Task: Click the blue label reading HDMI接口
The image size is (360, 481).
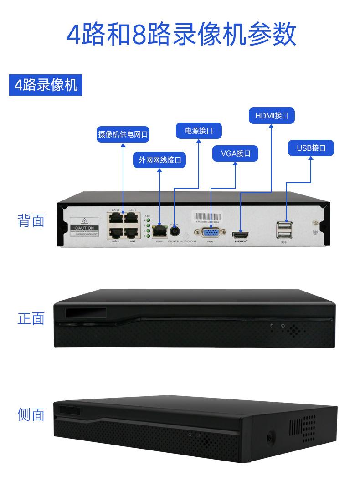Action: point(272,116)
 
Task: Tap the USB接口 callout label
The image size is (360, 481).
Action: point(311,148)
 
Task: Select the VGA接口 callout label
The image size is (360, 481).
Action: point(236,154)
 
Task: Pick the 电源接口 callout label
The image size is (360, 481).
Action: point(199,131)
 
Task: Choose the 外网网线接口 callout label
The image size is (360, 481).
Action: point(159,160)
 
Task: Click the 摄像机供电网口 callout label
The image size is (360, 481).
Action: point(123,134)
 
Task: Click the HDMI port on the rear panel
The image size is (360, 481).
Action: point(240,235)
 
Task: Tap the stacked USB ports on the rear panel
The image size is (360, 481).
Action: point(283,230)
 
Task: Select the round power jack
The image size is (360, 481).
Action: point(174,231)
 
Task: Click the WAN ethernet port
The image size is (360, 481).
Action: point(159,230)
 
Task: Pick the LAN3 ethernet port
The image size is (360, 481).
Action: point(116,218)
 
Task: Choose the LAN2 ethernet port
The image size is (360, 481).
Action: point(131,232)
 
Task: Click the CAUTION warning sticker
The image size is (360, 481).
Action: point(84,228)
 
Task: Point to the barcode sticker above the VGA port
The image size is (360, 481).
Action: point(208,217)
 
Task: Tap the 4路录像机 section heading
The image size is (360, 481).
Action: point(46,85)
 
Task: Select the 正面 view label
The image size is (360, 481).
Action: point(31,318)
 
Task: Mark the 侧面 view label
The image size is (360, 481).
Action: point(31,414)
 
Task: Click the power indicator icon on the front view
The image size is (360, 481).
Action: point(272,326)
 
